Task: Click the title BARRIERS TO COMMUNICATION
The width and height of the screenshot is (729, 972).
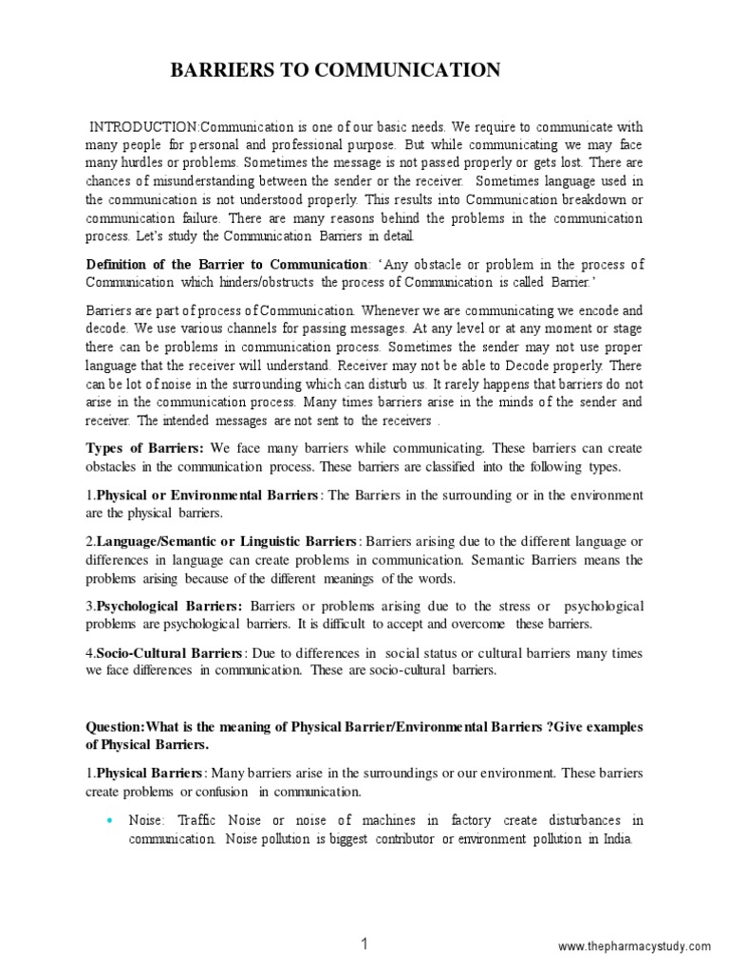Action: [x=333, y=70]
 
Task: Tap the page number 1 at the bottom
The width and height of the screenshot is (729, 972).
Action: [x=364, y=918]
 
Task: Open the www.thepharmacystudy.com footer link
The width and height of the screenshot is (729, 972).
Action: [x=633, y=920]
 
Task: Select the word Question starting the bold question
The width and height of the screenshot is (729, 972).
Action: [x=115, y=726]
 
